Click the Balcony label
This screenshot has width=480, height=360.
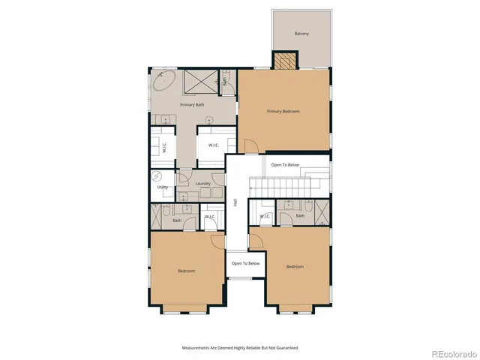click(301, 34)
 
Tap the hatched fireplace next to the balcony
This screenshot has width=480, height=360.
click(284, 61)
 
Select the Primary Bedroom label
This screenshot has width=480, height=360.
click(283, 111)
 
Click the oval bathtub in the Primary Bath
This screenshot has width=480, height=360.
click(166, 81)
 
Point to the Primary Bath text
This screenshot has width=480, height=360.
click(192, 104)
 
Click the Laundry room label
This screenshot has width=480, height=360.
click(202, 183)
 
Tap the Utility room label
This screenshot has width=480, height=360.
click(163, 187)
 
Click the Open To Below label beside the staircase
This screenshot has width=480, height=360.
click(286, 164)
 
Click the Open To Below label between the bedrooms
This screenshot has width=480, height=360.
click(245, 263)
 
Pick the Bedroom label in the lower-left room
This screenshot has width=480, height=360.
click(187, 270)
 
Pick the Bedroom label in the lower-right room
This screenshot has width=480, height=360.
click(295, 266)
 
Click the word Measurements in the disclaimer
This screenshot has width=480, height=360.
click(197, 347)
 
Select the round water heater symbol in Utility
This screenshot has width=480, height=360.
click(157, 177)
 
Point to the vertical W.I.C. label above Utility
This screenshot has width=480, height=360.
click(164, 147)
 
